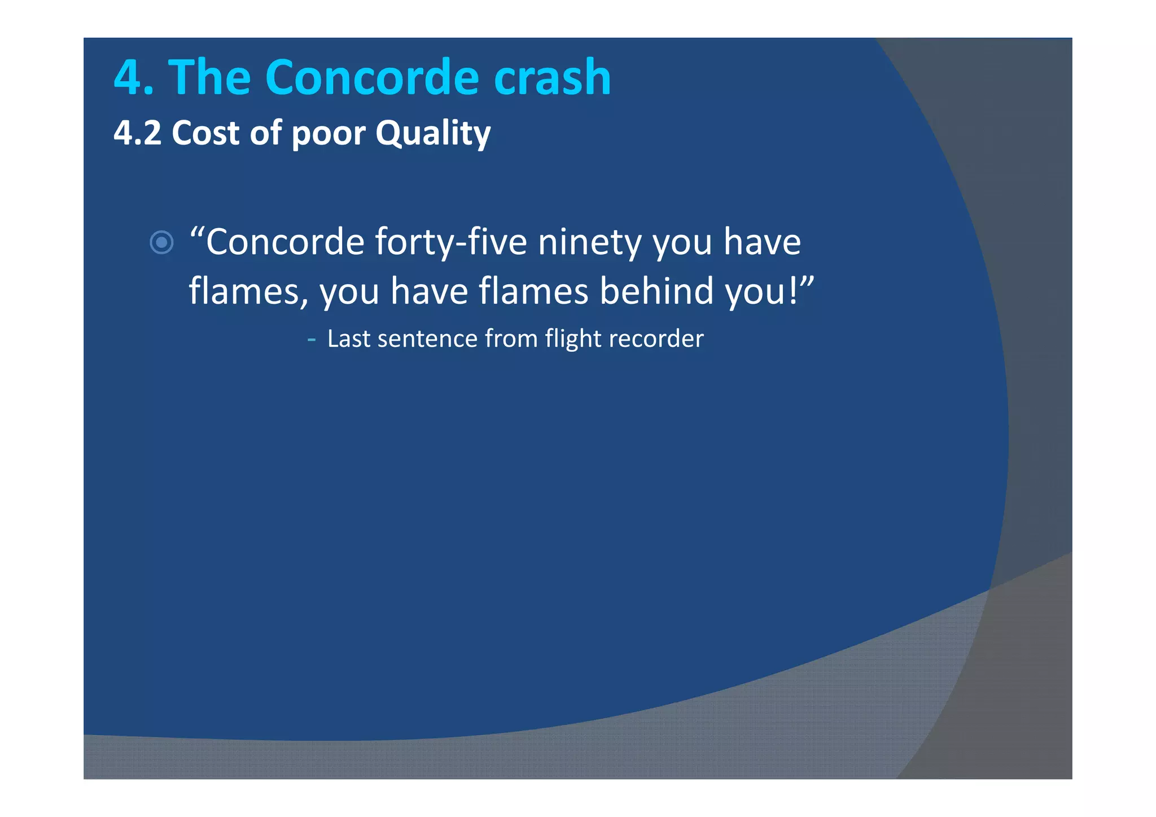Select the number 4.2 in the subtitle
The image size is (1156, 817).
pyautogui.click(x=137, y=133)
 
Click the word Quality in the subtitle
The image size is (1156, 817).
pyautogui.click(x=433, y=134)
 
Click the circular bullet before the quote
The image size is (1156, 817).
pyautogui.click(x=161, y=243)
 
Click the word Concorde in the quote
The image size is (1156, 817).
pyautogui.click(x=285, y=242)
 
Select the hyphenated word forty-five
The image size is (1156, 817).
pyautogui.click(x=451, y=243)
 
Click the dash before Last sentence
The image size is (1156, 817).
pyautogui.click(x=312, y=339)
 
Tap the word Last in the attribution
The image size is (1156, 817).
pyautogui.click(x=348, y=339)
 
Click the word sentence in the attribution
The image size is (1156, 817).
pyautogui.click(x=427, y=339)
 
